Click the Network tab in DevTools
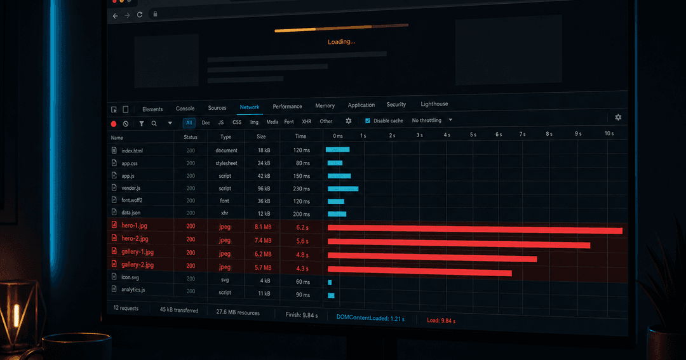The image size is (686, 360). (x=250, y=107)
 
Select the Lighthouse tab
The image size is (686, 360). (x=434, y=104)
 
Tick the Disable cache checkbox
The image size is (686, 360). (x=368, y=121)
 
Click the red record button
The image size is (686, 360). (x=114, y=124)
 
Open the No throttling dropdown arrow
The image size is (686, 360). (x=450, y=120)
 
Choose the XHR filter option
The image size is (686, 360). (x=307, y=122)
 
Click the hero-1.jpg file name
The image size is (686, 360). (x=134, y=225)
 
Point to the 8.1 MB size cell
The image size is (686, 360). (x=263, y=227)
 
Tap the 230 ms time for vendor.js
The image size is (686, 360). (x=302, y=189)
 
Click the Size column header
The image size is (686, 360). (x=261, y=137)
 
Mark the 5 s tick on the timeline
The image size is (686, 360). (x=473, y=135)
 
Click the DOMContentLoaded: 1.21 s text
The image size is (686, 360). (x=370, y=318)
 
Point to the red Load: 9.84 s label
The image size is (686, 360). (x=441, y=321)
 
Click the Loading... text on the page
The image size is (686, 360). (x=341, y=42)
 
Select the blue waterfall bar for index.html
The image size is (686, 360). (x=337, y=150)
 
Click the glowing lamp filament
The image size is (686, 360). (x=17, y=316)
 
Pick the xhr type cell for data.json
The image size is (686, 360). (x=224, y=213)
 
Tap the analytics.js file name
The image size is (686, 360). (x=133, y=290)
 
